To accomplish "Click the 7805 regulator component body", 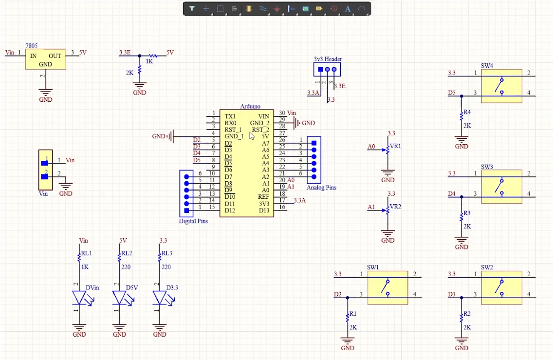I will [45, 59].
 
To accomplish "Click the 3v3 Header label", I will [328, 59].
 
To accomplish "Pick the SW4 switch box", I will [501, 86].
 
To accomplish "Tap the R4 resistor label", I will [467, 112].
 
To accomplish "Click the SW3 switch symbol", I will [501, 187].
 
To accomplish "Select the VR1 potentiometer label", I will [395, 146].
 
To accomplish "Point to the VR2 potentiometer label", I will [395, 207].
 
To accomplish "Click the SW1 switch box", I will [387, 288].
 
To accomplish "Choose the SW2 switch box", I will [501, 288].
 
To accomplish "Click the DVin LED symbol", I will [79, 298].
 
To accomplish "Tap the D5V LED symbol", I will [120, 298].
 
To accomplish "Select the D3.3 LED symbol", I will [160, 298].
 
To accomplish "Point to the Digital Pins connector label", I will [193, 221].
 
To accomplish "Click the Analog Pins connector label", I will [321, 188].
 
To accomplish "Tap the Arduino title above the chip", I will [250, 106].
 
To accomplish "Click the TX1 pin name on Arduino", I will [230, 116].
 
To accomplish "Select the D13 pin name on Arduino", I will [263, 210].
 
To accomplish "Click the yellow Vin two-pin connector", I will [45, 170].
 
